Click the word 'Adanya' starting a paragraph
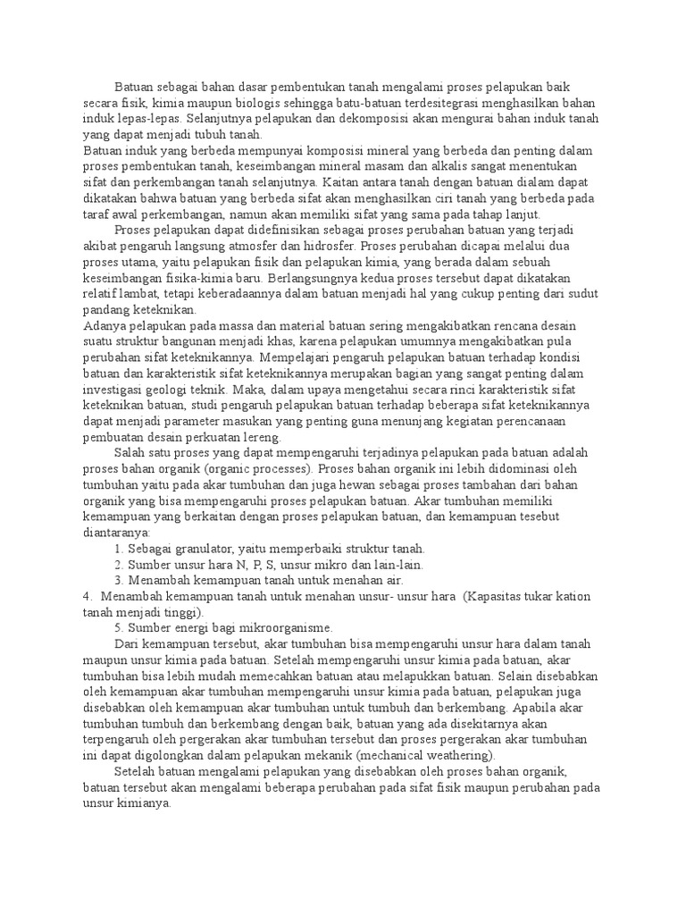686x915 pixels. coord(103,325)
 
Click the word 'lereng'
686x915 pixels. coord(261,437)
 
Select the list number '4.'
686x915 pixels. coord(87,596)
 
